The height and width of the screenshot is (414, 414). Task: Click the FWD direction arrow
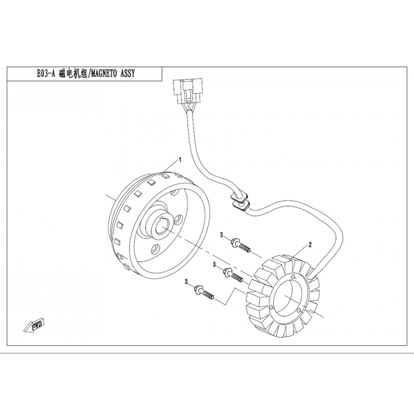click(x=34, y=326)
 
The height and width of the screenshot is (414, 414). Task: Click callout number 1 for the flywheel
click(x=180, y=160)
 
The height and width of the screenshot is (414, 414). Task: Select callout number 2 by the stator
click(x=310, y=244)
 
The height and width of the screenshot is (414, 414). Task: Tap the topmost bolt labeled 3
click(x=240, y=245)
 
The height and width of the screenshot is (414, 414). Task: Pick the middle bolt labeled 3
click(x=232, y=275)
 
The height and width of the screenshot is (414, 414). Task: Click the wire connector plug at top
click(x=188, y=91)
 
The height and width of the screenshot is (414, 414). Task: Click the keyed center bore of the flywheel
click(x=161, y=225)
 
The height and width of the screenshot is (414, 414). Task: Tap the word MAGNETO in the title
click(x=105, y=73)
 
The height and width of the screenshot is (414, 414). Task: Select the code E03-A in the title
click(x=47, y=73)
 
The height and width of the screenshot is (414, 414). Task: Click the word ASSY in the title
click(x=127, y=73)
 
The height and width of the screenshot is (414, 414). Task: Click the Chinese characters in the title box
click(x=73, y=73)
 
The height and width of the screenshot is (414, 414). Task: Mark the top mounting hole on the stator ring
click(x=294, y=276)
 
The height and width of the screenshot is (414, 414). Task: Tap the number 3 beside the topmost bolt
click(x=221, y=235)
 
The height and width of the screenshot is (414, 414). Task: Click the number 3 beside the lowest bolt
click(x=186, y=282)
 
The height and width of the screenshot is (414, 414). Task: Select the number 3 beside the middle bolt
click(x=214, y=264)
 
